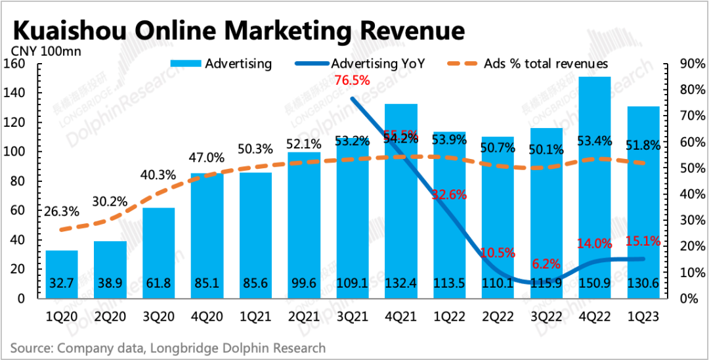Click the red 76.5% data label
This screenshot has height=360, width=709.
[352, 81]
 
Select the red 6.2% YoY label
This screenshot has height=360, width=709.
[546, 264]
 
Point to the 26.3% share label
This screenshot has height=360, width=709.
[62, 212]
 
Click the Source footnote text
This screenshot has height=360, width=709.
[167, 348]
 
